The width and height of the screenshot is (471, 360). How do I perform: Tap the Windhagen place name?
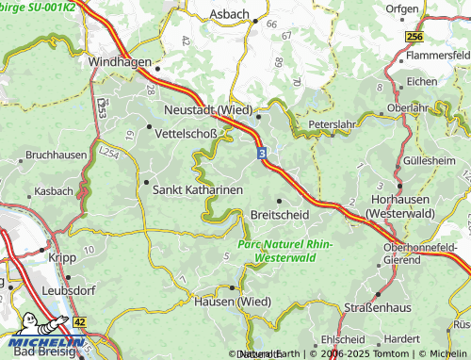point(120,61)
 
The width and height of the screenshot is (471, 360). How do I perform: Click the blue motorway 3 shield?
point(262,151)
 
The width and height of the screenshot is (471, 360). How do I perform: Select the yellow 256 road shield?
point(415,36)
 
